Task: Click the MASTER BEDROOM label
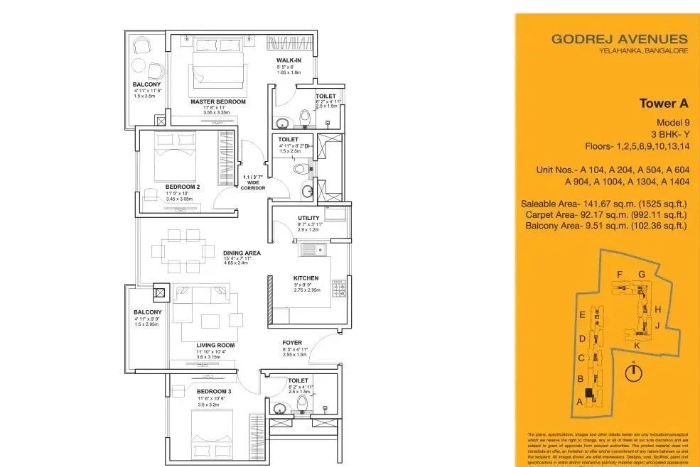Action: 217,102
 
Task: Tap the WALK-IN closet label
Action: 289,60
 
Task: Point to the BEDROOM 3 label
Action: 214,392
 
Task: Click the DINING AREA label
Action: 242,253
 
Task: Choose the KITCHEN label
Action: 306,278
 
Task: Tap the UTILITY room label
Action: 308,218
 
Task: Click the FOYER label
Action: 292,343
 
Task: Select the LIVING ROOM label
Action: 216,346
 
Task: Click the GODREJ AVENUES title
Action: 619,40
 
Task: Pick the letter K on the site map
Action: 637,345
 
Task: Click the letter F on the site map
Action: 620,274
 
